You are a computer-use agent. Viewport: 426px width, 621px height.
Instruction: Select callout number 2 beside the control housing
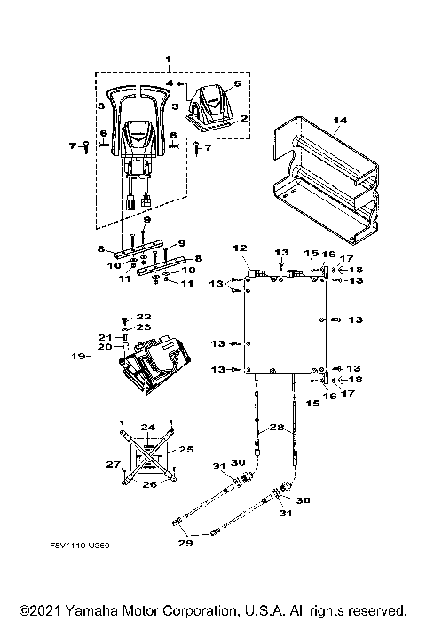(243, 117)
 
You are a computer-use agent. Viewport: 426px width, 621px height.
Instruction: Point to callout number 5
(236, 85)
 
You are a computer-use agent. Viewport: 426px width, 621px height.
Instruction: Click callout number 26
(149, 484)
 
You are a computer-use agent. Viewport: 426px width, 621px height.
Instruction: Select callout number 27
(113, 463)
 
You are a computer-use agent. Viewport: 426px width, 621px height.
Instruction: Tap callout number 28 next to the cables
(276, 428)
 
